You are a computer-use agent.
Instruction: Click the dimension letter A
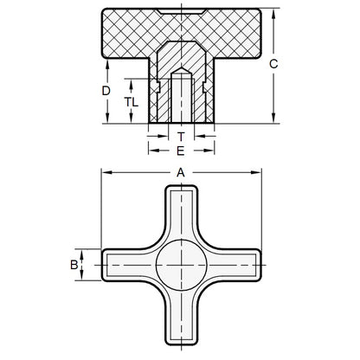click(181, 172)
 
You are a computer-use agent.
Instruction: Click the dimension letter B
click(74, 264)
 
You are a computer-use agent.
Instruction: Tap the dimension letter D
click(106, 91)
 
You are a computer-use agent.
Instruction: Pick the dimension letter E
click(180, 149)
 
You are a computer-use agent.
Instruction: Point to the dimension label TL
click(130, 101)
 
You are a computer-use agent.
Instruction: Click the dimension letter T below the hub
click(180, 136)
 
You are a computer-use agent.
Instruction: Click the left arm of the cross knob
click(128, 265)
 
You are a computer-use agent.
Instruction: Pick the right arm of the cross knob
click(232, 265)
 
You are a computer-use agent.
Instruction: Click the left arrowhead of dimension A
click(106, 172)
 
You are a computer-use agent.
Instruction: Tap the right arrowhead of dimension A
click(257, 172)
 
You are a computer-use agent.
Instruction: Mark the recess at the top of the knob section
click(181, 12)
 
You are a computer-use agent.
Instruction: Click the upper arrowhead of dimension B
click(82, 252)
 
